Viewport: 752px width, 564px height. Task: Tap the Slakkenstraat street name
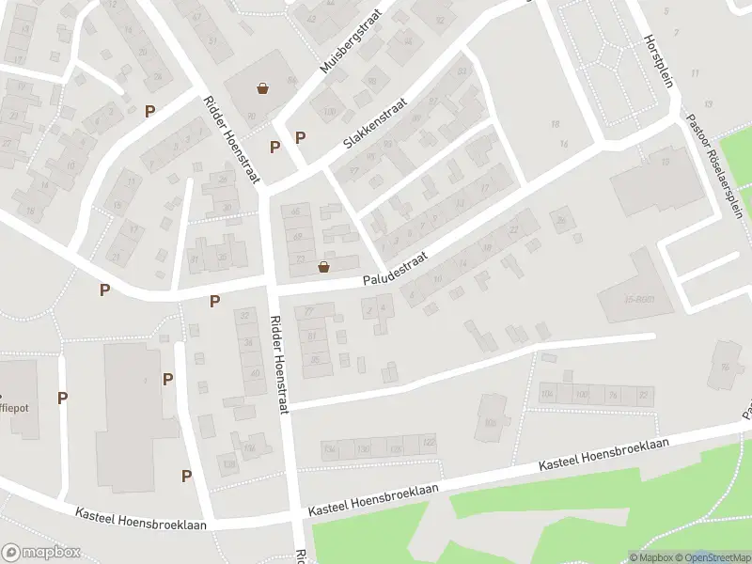(374, 127)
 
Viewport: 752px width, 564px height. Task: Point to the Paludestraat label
(398, 270)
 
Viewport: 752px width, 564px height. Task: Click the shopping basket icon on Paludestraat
(324, 267)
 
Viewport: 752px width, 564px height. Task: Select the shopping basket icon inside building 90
(263, 89)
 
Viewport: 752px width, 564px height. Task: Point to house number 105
(490, 422)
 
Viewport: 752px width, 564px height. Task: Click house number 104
(547, 393)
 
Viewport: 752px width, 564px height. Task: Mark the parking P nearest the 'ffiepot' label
(62, 398)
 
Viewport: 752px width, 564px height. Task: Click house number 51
(212, 41)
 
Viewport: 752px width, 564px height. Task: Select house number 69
(298, 235)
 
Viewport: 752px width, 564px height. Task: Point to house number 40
(254, 373)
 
